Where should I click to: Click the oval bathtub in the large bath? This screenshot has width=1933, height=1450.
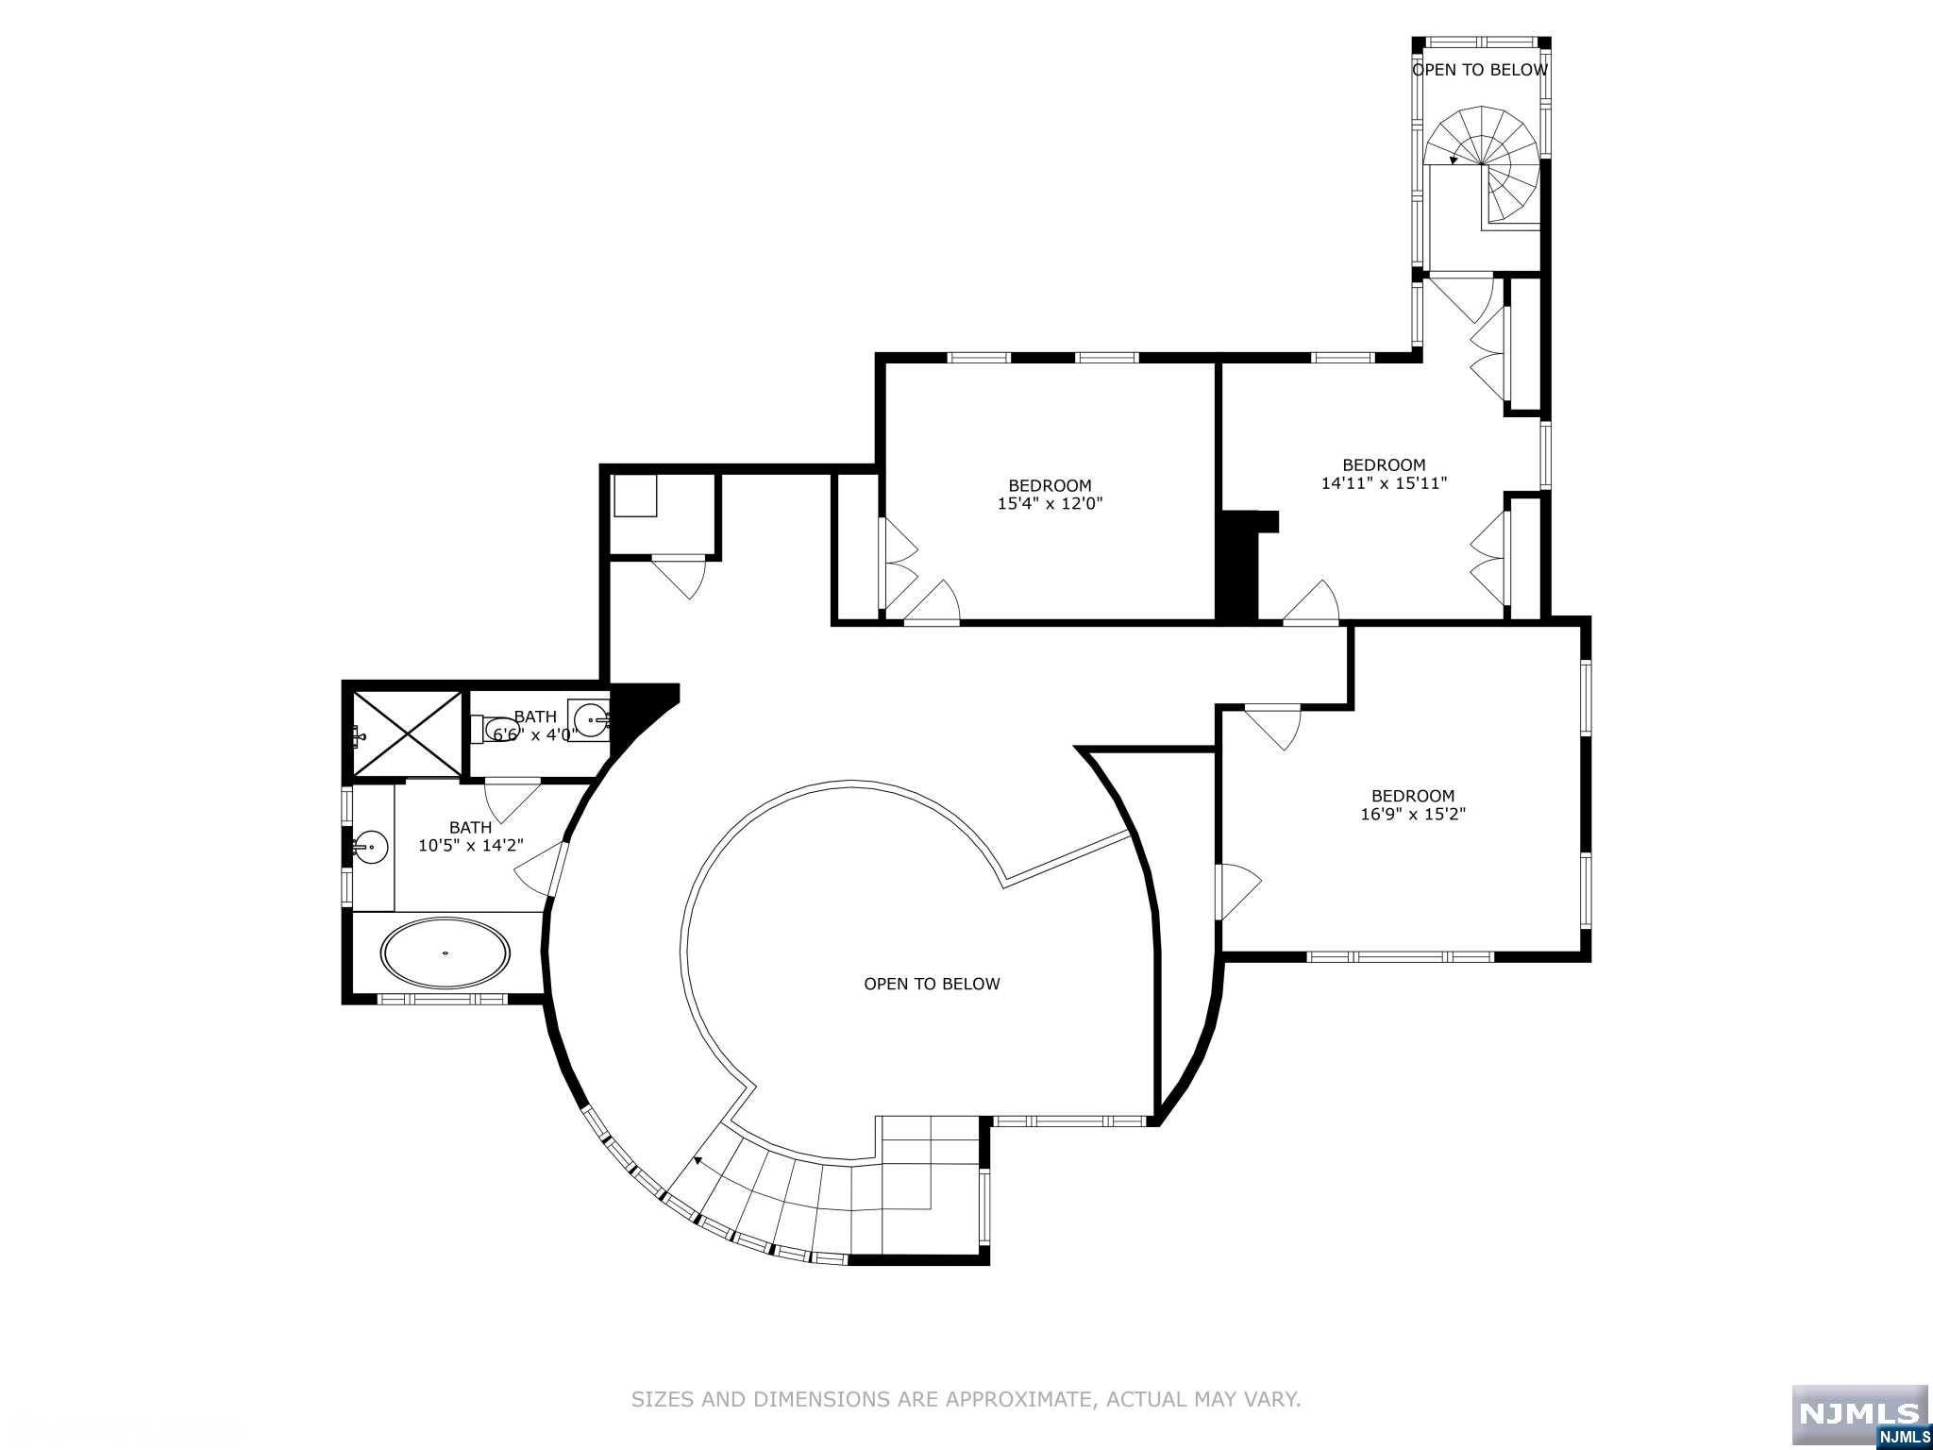pos(445,953)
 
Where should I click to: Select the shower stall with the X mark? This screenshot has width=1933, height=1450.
pos(408,734)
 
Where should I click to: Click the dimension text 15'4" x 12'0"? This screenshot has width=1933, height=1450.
pos(1050,504)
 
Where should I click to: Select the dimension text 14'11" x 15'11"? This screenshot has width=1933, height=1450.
pos(1384,483)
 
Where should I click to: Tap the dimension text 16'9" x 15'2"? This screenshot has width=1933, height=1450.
pos(1412,814)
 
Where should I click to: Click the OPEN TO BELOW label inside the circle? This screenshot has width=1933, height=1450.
pos(932,984)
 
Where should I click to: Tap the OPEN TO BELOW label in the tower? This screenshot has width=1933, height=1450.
pos(1479,70)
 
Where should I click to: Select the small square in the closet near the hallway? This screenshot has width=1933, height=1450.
pos(635,495)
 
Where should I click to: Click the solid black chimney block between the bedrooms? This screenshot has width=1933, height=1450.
pos(1239,566)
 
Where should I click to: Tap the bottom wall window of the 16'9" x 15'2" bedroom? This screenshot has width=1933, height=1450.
pos(1401,956)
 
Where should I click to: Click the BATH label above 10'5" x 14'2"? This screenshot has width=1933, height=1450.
pos(470,828)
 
